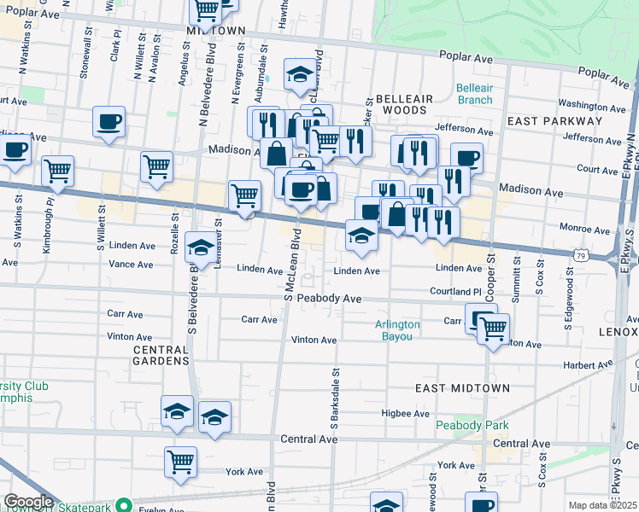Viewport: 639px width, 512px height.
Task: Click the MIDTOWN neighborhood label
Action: point(215,30)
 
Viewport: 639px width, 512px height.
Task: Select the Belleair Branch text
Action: point(474,94)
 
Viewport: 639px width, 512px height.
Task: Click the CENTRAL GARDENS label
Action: point(161,355)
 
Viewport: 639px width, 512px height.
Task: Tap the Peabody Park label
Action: point(472,425)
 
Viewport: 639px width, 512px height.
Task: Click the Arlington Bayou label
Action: point(398,330)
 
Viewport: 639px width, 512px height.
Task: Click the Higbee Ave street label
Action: point(405,414)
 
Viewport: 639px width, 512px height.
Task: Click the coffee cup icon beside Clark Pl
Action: point(109,121)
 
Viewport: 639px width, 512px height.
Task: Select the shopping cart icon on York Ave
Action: point(180,462)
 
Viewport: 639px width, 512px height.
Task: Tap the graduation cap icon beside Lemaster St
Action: point(201,247)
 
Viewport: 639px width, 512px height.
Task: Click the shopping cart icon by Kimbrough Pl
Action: point(57,170)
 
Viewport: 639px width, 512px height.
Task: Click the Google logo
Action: point(28,502)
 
